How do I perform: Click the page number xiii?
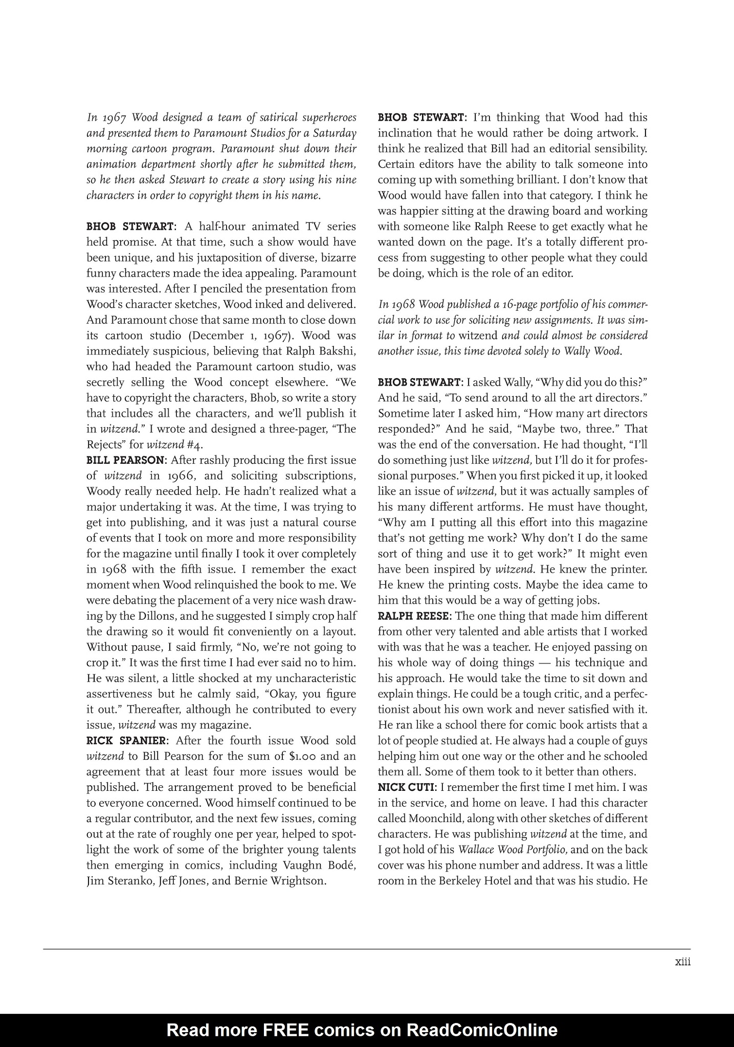[682, 962]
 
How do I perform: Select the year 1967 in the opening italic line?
[113, 118]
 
